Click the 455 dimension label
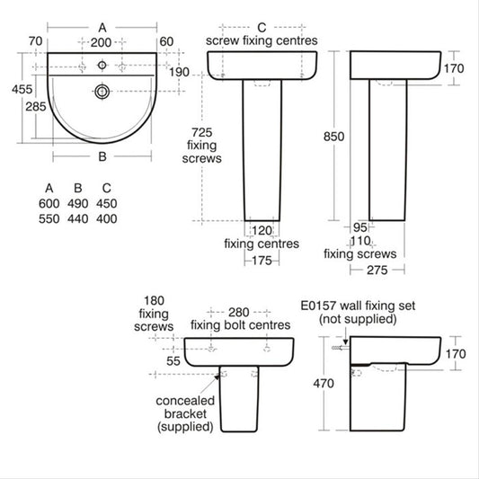click(22, 90)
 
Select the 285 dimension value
click(36, 107)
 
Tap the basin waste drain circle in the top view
click(102, 92)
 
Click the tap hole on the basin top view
click(102, 65)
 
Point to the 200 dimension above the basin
click(101, 42)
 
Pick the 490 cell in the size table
click(78, 203)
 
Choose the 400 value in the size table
click(107, 218)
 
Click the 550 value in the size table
click(49, 218)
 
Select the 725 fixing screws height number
click(201, 133)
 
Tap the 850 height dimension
click(334, 137)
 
